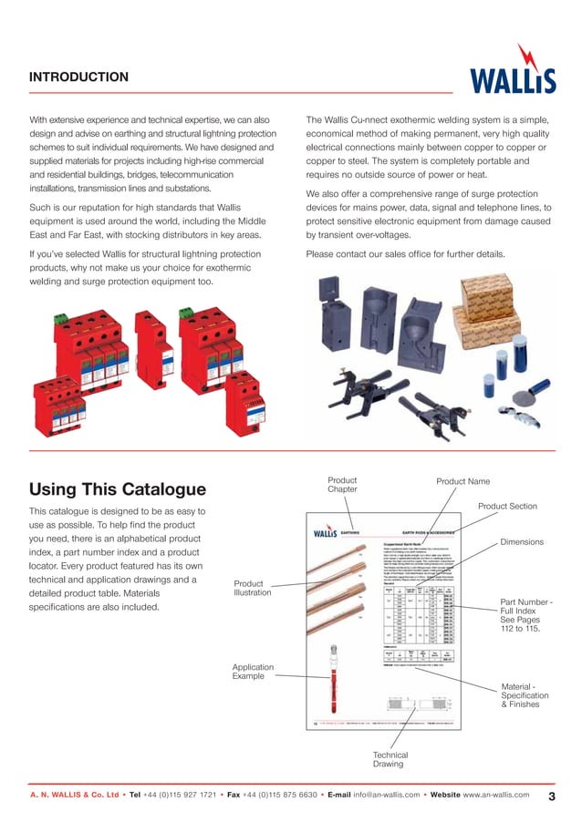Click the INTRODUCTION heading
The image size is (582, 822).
coord(78,77)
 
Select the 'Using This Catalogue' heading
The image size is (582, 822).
coord(118,489)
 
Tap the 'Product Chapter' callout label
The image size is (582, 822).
coord(342,485)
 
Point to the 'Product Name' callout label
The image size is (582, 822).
coord(462,481)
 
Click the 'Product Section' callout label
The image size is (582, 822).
coord(507,506)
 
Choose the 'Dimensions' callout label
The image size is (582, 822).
coord(522,542)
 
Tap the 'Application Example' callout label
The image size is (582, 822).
coord(253,673)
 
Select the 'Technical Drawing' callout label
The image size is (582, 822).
coord(390,760)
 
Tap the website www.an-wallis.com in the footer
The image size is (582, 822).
coord(496,796)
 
